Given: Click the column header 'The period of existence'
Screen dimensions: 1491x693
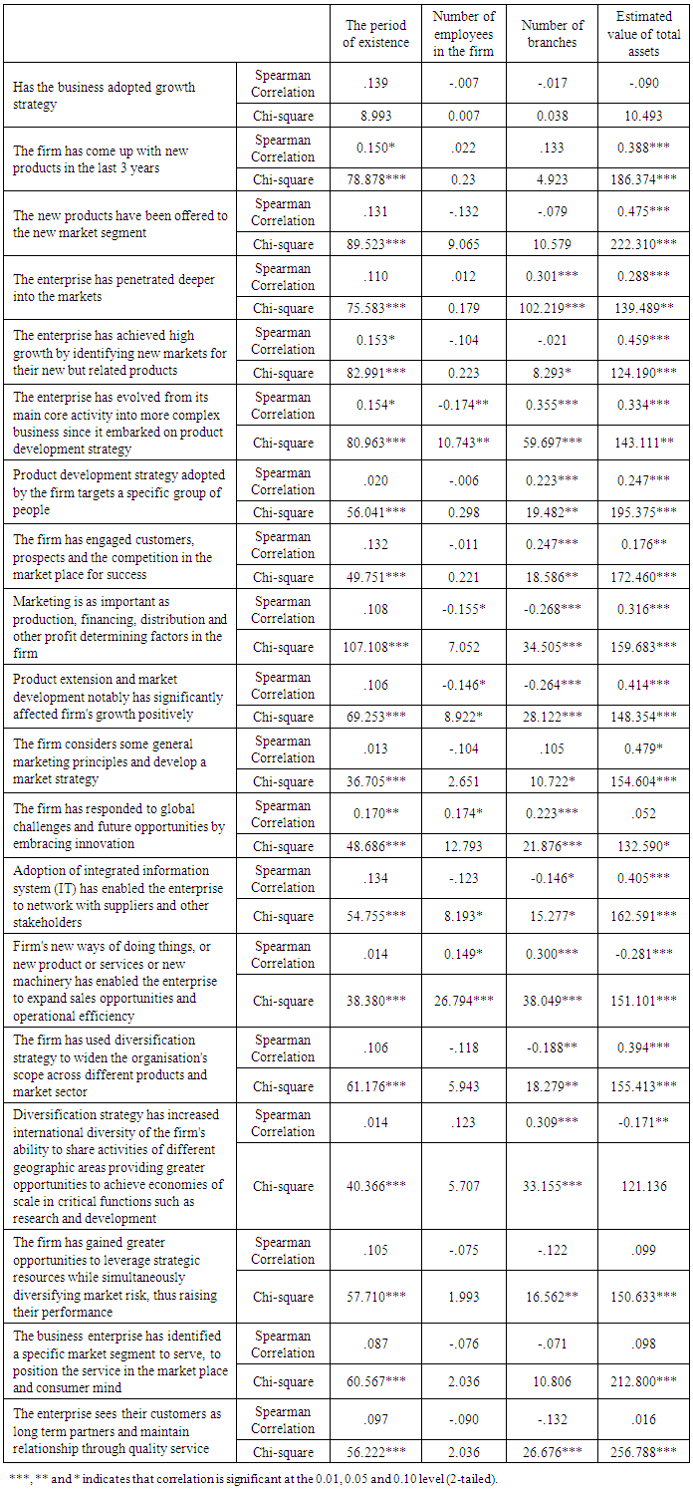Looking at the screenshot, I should (376, 34).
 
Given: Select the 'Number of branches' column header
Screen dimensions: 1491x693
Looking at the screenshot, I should (553, 34).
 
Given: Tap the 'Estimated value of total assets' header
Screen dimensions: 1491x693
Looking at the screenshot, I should (644, 34).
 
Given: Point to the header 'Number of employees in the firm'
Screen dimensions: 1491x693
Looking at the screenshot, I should (463, 34).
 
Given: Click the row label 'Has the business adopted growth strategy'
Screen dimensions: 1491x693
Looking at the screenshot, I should (104, 95).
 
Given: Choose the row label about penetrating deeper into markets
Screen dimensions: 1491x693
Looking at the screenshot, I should (114, 288).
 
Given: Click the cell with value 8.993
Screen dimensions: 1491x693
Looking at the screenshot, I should (376, 116).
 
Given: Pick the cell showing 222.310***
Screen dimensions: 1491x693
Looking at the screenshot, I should (644, 244).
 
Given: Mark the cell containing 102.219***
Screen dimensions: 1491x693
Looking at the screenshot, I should (553, 308).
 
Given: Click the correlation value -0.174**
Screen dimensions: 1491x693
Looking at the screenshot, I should (463, 406).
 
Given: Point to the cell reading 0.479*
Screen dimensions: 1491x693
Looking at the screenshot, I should (644, 749).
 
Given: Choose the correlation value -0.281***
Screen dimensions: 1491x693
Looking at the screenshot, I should (644, 955).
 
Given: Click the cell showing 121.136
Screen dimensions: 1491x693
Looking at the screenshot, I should (644, 1186).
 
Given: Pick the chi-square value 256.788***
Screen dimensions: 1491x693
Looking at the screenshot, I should (644, 1452).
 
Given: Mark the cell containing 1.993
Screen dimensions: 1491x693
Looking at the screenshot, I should (463, 1297).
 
